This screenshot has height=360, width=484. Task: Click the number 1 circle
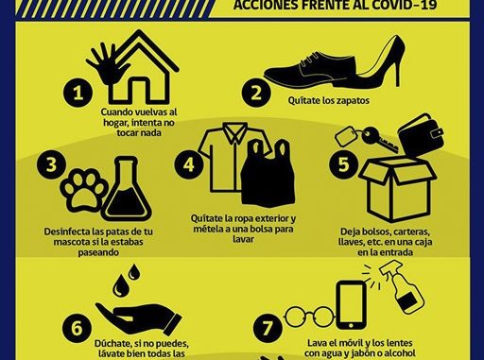[x=78, y=93]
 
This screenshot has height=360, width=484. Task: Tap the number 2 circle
[x=256, y=93]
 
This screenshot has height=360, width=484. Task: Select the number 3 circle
[x=51, y=164]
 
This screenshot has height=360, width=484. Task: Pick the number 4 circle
[x=189, y=164]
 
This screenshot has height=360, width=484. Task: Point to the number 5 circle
[x=344, y=164]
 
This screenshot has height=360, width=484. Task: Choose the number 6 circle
[x=77, y=328]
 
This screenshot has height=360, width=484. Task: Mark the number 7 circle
[x=268, y=328]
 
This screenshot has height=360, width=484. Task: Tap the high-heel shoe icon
[x=381, y=60]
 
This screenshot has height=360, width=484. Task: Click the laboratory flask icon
[x=127, y=189]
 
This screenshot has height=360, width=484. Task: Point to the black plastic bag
[x=268, y=174]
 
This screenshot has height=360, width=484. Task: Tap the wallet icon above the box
[x=421, y=134]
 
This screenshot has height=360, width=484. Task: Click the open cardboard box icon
[x=398, y=190]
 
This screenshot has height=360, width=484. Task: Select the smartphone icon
[x=351, y=305]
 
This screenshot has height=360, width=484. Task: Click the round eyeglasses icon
[x=309, y=317]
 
